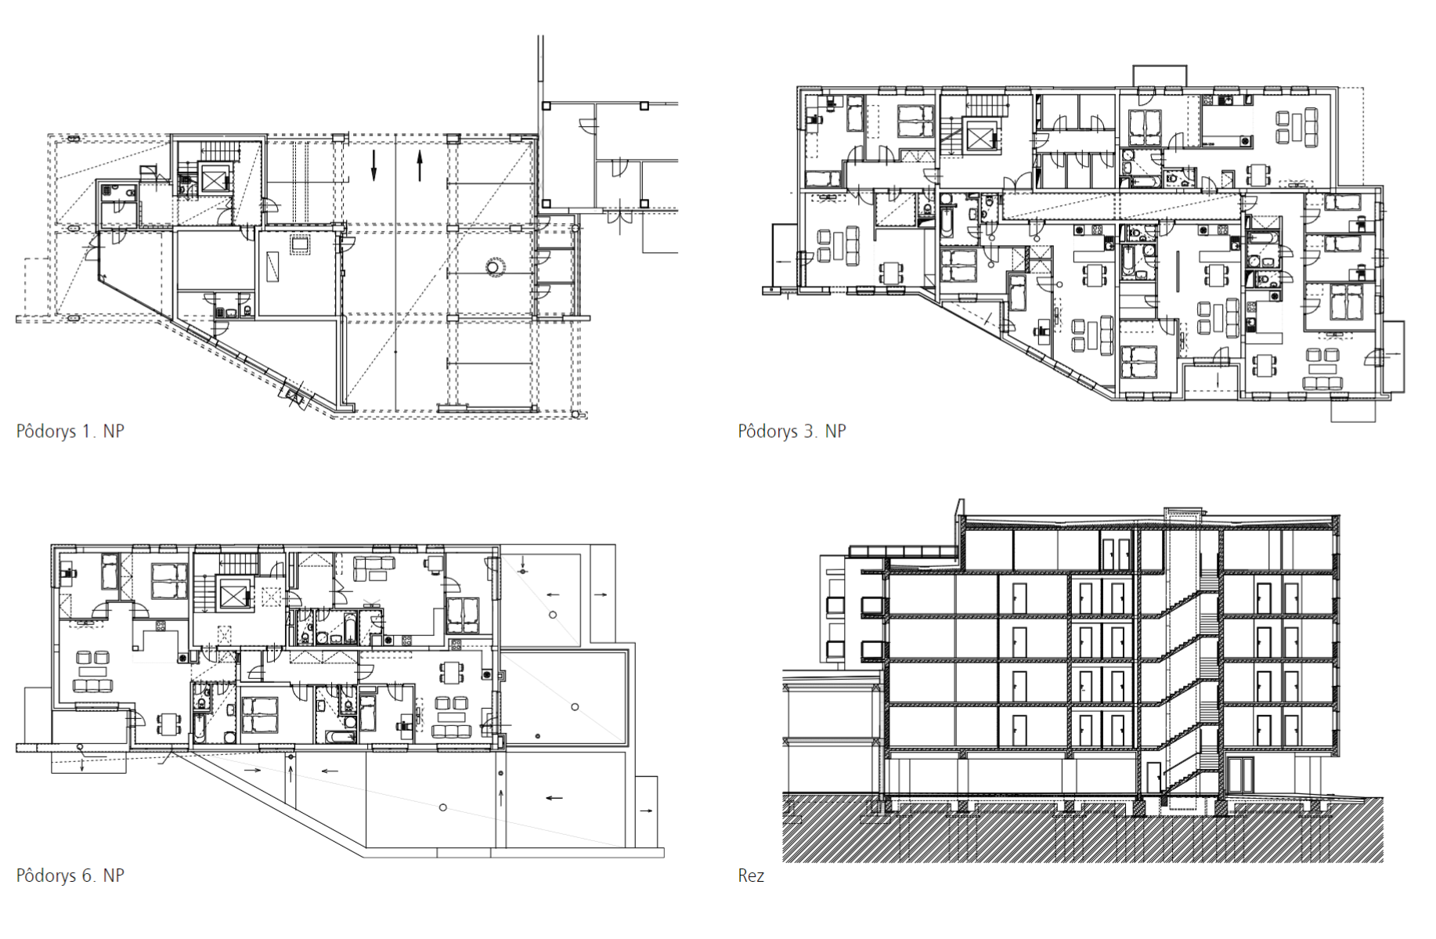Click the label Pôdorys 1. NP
pos(70,432)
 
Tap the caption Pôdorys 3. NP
pos(792,432)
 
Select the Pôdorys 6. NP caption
pos(70,876)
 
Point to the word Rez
pos(751,876)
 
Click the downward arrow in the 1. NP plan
pos(373,164)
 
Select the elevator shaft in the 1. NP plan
pos(213,179)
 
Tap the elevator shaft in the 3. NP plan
pos(980,135)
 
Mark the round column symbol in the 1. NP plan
pos(493,267)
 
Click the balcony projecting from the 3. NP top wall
pos(1160,76)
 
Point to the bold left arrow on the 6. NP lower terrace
pos(554,798)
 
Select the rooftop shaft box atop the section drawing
pos(1182,514)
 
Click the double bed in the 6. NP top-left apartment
pos(169,581)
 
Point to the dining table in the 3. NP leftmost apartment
pos(893,272)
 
